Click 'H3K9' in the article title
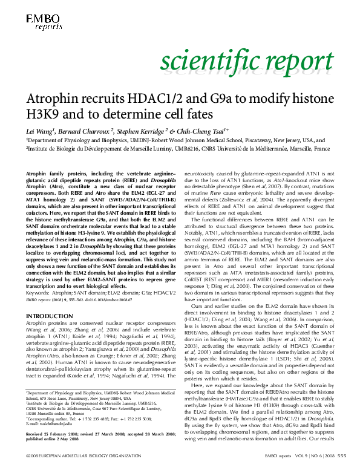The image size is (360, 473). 42,114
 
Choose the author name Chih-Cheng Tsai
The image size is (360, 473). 203,130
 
